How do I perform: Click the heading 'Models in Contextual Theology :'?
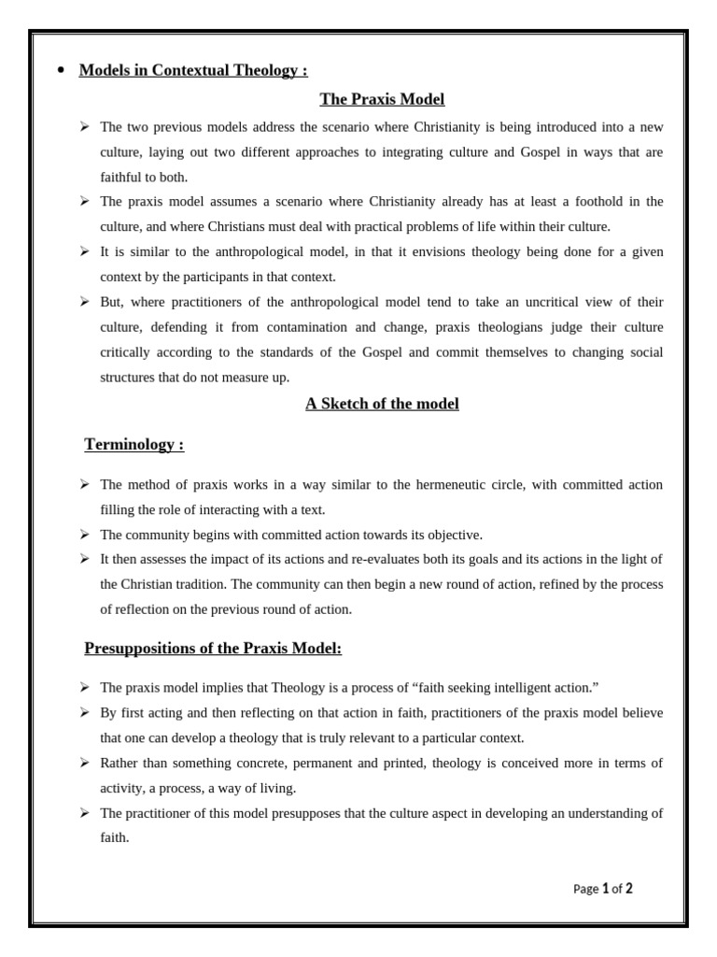pyautogui.click(x=193, y=70)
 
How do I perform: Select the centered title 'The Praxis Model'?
pyautogui.click(x=382, y=98)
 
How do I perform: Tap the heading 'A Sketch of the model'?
pyautogui.click(x=382, y=404)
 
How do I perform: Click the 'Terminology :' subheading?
pyautogui.click(x=134, y=444)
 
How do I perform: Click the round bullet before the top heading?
pyautogui.click(x=61, y=70)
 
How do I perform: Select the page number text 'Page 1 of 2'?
pyautogui.click(x=602, y=889)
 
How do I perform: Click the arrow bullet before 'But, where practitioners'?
pyautogui.click(x=84, y=302)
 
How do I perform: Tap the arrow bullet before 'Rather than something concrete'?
pyautogui.click(x=84, y=763)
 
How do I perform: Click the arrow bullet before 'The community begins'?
pyautogui.click(x=84, y=535)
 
